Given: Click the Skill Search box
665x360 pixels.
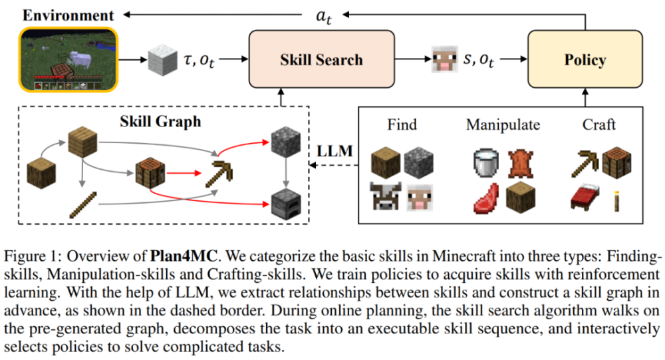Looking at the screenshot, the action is point(321,59).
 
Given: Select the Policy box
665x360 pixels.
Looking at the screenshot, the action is point(585,59).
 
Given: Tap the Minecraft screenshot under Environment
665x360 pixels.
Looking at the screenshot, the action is point(68,59).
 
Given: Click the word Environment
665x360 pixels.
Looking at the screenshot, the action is point(68,15).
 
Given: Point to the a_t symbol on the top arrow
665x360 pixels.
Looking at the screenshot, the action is point(324,16).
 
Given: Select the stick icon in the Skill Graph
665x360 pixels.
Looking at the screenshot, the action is point(83,205).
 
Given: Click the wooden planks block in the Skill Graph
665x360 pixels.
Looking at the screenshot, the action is point(82,142).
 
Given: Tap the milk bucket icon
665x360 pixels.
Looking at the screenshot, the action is point(486,162).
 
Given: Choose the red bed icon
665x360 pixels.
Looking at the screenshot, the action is point(585,197).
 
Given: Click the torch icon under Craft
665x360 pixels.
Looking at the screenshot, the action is point(616,201).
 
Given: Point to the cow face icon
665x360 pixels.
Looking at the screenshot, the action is point(385,196).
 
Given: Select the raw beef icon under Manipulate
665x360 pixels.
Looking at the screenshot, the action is point(486,198).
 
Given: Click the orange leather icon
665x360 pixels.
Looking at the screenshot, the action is point(521,164).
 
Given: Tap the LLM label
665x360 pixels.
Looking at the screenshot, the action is point(334,150).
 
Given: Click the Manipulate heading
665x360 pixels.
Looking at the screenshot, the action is point(503,125).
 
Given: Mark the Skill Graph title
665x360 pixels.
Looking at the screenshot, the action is point(160,122).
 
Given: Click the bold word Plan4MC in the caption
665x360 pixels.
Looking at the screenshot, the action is point(184,256).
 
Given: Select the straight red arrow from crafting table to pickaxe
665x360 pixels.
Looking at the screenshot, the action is point(184,173).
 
